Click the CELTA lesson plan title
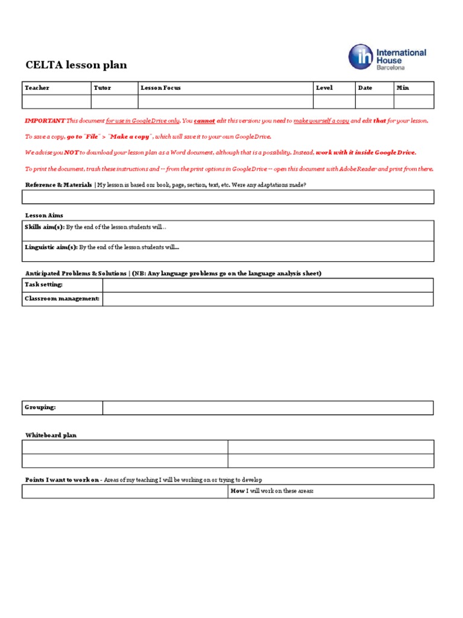76,65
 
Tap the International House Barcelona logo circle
361,57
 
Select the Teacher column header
37,88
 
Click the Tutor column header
102,88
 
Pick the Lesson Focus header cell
160,88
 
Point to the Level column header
324,88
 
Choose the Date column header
365,88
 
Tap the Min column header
403,88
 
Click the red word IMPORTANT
45,121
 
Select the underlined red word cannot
204,121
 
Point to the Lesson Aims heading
44,215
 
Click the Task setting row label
43,284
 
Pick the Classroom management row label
62,299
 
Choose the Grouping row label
40,407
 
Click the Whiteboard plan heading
51,435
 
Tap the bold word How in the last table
237,491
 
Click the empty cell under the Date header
374,101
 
